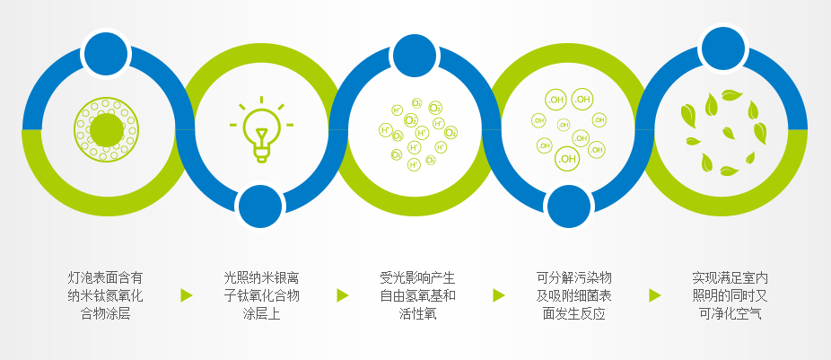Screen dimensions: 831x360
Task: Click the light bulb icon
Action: tap(261, 130)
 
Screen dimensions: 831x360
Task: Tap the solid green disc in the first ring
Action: tap(107, 130)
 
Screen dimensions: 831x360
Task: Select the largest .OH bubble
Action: tap(567, 159)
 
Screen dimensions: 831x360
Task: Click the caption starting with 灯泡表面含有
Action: tap(106, 296)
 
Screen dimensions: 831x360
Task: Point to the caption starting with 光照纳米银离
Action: tap(262, 296)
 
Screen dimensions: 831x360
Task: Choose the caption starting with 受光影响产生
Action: tap(417, 296)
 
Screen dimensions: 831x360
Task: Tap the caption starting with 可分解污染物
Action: tap(573, 296)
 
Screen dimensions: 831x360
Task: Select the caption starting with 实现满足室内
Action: tap(730, 296)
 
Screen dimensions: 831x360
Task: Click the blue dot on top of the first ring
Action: tap(106, 54)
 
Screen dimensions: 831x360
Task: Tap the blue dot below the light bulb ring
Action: tap(260, 206)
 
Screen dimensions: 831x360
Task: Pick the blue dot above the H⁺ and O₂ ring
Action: tap(415, 57)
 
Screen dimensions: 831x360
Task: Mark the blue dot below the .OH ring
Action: tap(569, 206)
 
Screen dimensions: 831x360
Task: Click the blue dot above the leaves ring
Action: tap(723, 48)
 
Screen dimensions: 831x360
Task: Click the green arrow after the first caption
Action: tap(186, 295)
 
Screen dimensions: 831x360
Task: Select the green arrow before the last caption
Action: tap(655, 295)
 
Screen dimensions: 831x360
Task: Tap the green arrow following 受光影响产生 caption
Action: tap(499, 295)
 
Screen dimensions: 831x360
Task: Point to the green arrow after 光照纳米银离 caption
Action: tap(343, 295)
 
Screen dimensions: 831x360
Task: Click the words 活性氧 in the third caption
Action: tap(417, 314)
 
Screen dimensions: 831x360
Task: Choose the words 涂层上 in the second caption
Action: tap(262, 314)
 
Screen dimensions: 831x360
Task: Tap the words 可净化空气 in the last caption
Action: tap(730, 314)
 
